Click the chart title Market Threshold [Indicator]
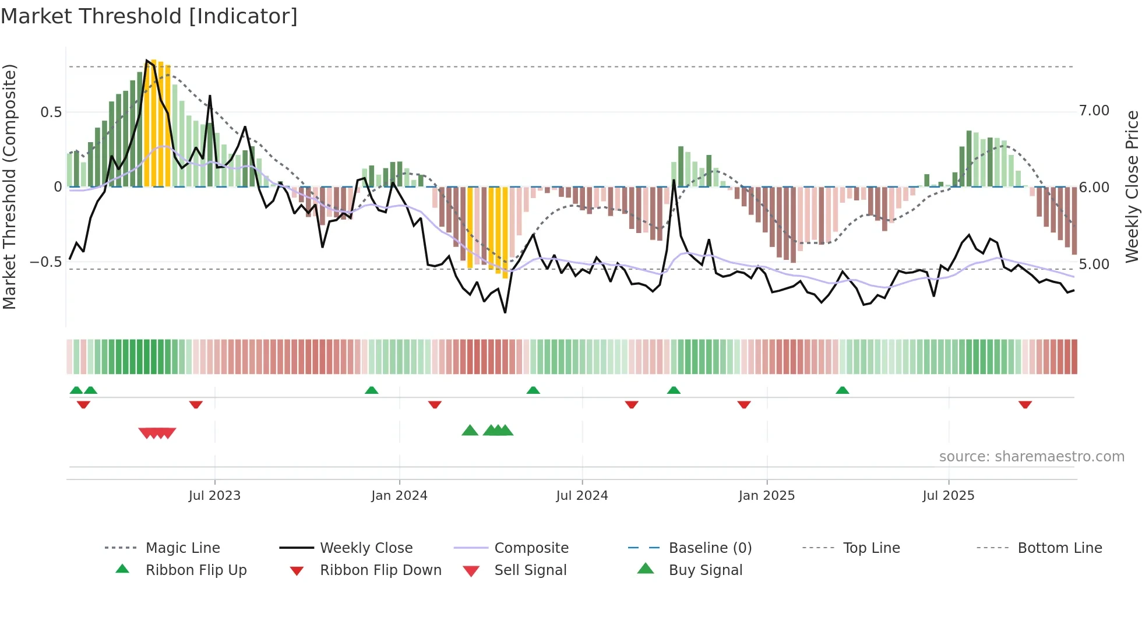149,16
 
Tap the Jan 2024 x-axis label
399,496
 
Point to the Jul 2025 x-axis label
948,496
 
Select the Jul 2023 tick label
214,496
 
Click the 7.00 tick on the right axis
1094,111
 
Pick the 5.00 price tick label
1094,264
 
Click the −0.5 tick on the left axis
45,262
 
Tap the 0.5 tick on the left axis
51,112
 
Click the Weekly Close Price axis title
1132,186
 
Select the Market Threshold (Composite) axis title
9,186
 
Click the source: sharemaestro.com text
1031,457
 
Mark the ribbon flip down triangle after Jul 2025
1025,405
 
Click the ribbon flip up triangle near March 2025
842,390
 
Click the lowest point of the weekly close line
505,313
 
